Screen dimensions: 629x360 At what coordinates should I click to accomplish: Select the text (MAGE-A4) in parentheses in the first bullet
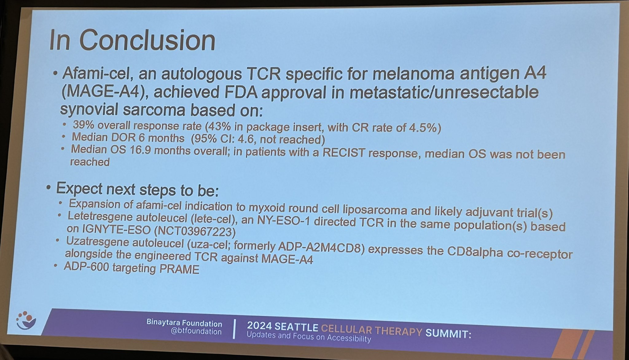103,92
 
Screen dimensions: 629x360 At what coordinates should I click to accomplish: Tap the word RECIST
342,153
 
